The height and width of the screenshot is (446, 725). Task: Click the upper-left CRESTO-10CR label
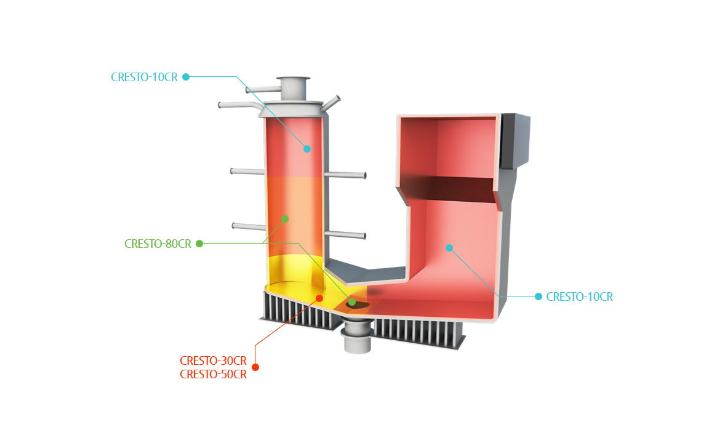click(x=144, y=77)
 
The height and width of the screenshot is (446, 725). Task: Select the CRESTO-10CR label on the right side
click(x=579, y=297)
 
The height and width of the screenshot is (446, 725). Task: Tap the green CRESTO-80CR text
click(x=158, y=244)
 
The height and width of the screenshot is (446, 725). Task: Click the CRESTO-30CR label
click(x=213, y=360)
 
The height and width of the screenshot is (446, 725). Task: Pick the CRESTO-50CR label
click(x=213, y=375)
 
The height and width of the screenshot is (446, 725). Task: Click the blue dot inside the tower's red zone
click(x=307, y=149)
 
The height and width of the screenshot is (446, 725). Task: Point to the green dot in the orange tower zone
click(x=285, y=219)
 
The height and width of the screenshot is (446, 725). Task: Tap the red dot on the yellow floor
click(x=319, y=298)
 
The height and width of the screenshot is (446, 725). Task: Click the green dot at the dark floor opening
click(x=352, y=302)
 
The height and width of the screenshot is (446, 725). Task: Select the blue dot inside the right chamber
click(x=449, y=248)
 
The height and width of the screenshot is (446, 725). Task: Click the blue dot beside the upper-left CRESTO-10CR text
click(x=186, y=77)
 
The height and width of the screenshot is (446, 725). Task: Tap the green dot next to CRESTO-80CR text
click(x=199, y=244)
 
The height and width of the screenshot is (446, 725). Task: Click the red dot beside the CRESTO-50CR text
click(x=255, y=367)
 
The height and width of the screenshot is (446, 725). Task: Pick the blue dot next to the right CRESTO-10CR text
click(x=538, y=297)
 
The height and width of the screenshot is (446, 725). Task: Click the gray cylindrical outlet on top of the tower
click(x=293, y=89)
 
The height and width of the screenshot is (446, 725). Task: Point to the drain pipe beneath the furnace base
click(x=357, y=337)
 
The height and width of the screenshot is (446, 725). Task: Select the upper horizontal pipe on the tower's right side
click(x=345, y=175)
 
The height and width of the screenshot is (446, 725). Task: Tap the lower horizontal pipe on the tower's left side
click(x=249, y=226)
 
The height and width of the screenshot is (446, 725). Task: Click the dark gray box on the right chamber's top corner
click(x=516, y=140)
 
